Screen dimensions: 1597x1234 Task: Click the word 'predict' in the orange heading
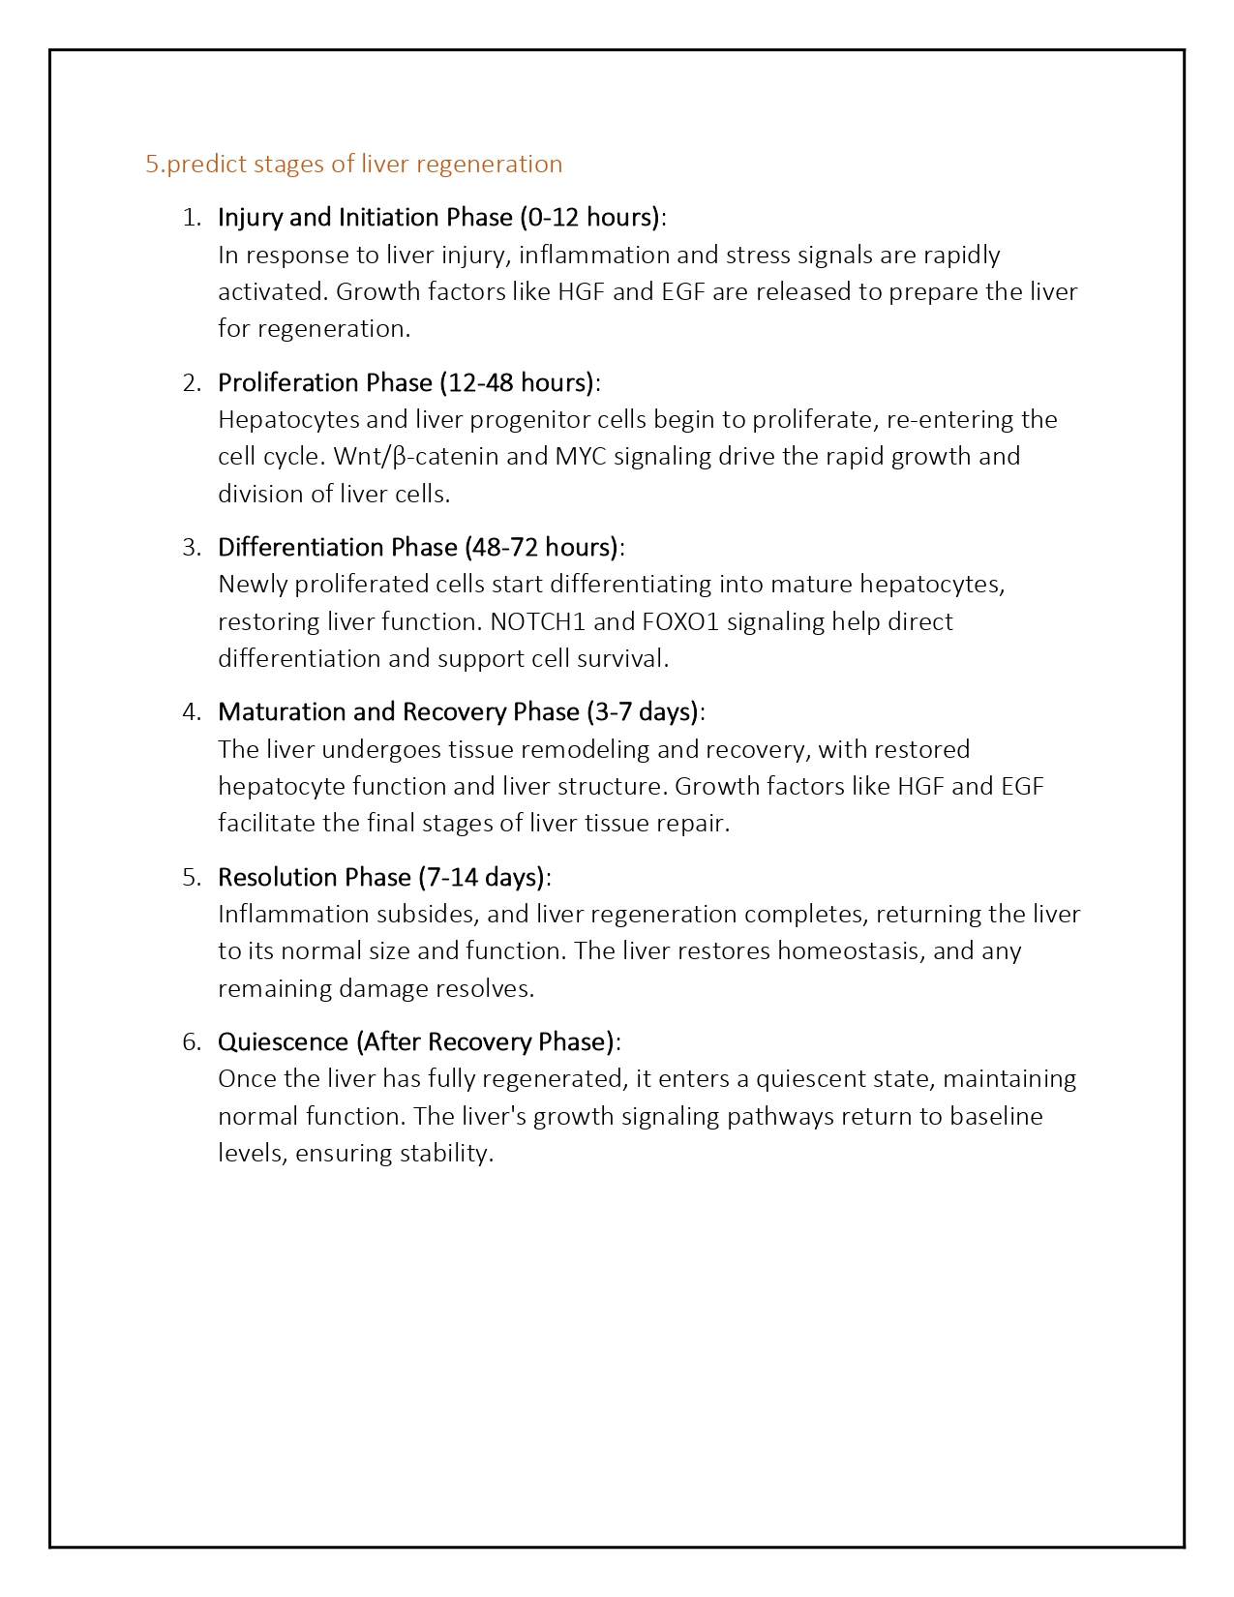[x=206, y=164]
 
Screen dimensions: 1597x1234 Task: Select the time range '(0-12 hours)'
[x=590, y=217]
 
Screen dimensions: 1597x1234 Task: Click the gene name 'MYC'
[x=581, y=456]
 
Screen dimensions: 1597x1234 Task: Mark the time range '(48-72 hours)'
[x=542, y=547]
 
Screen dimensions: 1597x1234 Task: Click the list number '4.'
[x=192, y=711]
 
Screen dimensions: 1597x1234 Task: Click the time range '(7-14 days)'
[x=482, y=877]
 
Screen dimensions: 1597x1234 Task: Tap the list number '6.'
[x=192, y=1041]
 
